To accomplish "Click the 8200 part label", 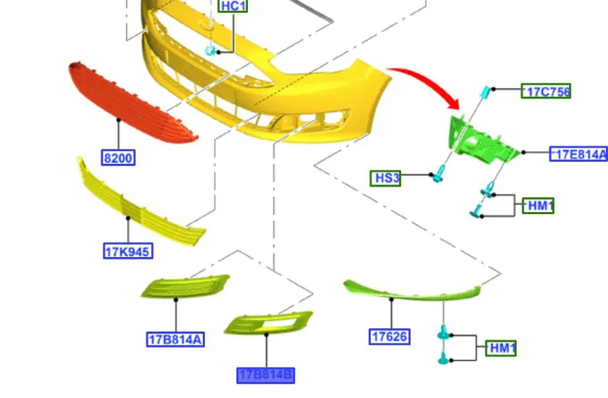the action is [118, 158].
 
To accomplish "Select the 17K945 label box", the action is [128, 251].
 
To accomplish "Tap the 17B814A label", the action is [175, 340].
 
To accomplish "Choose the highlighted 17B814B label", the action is [265, 376].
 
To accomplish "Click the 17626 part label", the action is [389, 336].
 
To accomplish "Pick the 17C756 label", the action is [546, 91].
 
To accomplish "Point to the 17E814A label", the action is [578, 154].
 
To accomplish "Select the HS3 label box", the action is [386, 179].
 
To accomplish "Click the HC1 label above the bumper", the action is [232, 6].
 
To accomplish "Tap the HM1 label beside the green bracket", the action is [538, 205].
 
